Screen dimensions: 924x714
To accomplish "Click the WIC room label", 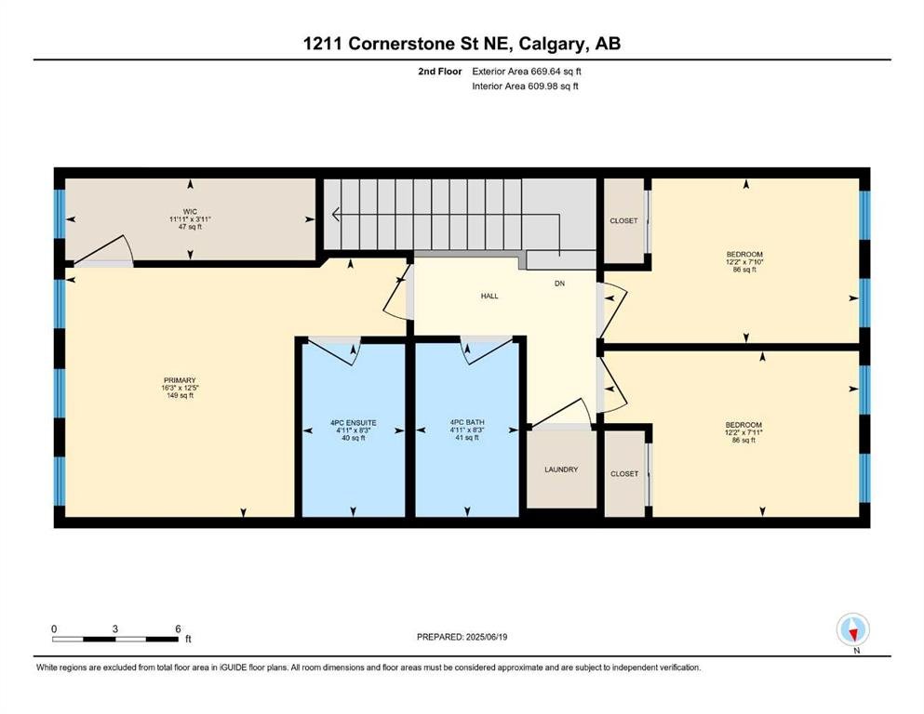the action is coord(190,211).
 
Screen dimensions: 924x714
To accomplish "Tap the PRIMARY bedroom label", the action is coord(180,380).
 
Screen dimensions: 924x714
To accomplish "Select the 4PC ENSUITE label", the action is coord(354,423).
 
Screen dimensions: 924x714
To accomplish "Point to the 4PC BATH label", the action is coord(467,422).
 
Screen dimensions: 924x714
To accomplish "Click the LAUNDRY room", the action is coord(561,469).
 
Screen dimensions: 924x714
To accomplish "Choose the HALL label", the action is coord(489,296).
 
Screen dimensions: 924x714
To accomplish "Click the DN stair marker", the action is coord(560,284).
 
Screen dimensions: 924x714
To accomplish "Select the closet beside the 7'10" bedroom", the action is coord(624,220).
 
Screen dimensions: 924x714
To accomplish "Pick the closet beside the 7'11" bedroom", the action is coord(624,474).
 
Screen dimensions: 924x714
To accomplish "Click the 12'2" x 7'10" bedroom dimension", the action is coord(744,262).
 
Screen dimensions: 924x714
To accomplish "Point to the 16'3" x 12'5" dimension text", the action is coord(180,388).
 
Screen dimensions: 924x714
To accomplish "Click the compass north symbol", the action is coord(852,630).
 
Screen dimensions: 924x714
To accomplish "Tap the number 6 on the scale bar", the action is coord(178,628).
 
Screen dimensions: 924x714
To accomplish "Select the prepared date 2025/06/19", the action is coord(487,637).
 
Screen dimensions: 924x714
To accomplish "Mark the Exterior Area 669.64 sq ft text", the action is coord(527,72).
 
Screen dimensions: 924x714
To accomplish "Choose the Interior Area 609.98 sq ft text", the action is coord(525,86).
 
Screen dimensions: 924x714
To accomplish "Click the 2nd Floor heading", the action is coord(440,72).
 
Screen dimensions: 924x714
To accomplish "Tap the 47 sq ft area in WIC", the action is coord(191,227).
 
